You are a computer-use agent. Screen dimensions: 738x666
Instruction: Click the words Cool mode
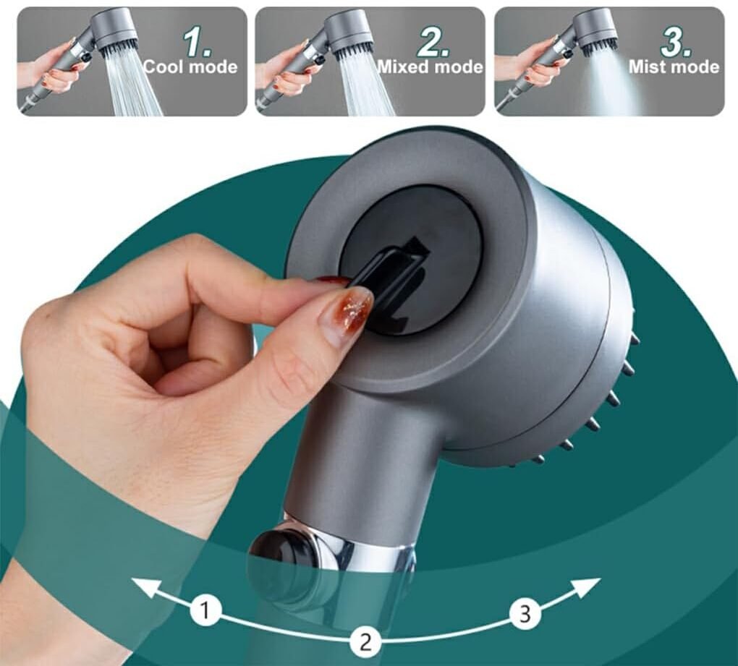pyautogui.click(x=190, y=67)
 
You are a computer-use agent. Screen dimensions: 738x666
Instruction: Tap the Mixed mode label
pyautogui.click(x=430, y=67)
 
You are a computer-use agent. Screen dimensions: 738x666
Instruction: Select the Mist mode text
pyautogui.click(x=674, y=67)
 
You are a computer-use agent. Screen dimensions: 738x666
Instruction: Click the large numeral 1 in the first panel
pyautogui.click(x=198, y=43)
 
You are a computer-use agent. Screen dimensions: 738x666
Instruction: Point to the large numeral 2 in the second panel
pyautogui.click(x=433, y=43)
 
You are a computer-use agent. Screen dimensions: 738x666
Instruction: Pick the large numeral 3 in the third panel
pyautogui.click(x=676, y=43)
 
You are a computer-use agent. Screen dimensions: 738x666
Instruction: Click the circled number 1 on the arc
pyautogui.click(x=205, y=612)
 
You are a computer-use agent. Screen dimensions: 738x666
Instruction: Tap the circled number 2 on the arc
pyautogui.click(x=365, y=642)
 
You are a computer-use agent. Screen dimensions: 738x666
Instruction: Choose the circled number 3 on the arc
pyautogui.click(x=525, y=613)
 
